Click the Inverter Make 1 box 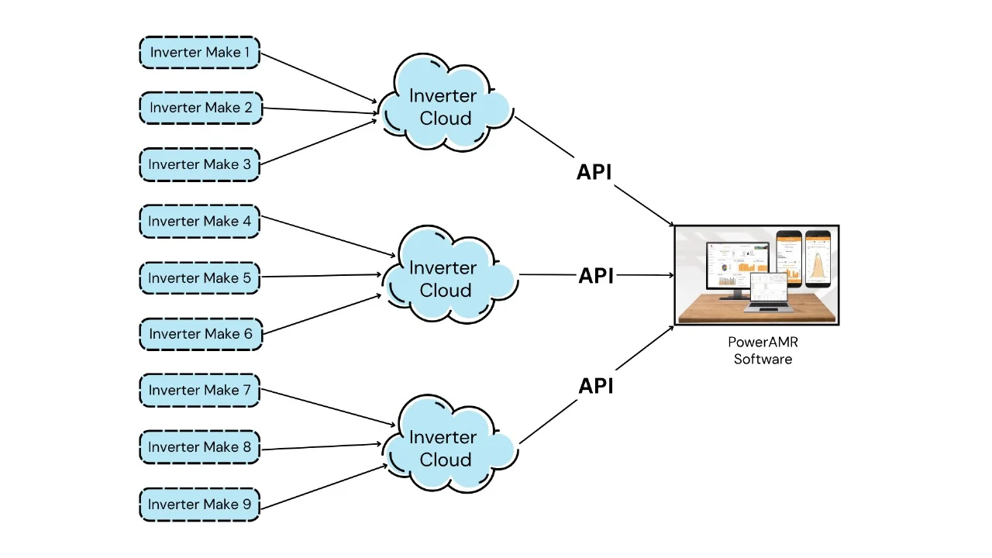(200, 53)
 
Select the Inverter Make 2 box (201, 108)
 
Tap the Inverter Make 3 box (200, 164)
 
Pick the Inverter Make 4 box (200, 222)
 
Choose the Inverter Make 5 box (200, 277)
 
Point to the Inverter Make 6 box (201, 334)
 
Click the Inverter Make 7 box (200, 390)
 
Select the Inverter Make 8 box (200, 447)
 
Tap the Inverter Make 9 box (200, 505)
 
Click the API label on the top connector (594, 172)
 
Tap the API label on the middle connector (596, 275)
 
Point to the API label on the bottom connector (596, 385)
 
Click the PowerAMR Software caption (763, 350)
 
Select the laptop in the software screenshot (765, 292)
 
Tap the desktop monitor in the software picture (736, 267)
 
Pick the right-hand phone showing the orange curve (818, 258)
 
